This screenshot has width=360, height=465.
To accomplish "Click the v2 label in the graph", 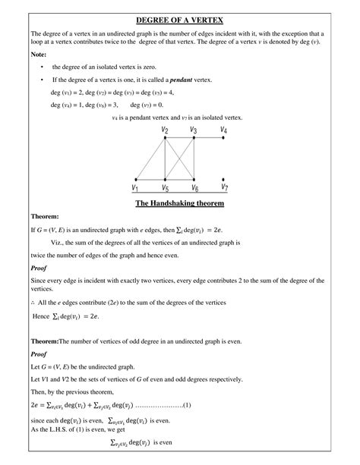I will (x=164, y=130).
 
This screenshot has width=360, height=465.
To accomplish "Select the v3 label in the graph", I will (x=194, y=130).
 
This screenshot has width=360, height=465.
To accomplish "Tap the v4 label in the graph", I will (x=223, y=130).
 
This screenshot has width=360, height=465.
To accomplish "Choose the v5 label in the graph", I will (x=164, y=187).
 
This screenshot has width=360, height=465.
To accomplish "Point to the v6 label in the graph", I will (x=194, y=187).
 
